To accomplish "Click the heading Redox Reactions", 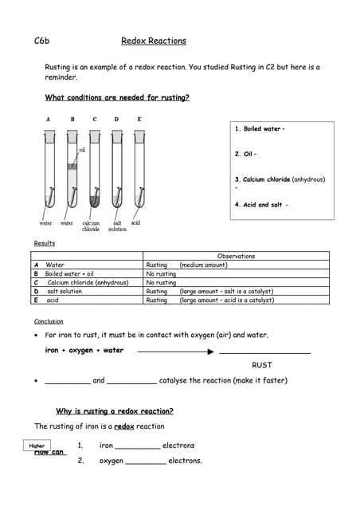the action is (154, 41).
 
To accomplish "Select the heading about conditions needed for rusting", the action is (117, 98).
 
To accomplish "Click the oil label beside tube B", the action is (82, 149).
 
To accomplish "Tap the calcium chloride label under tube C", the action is (91, 226).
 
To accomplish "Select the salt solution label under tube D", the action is (117, 226).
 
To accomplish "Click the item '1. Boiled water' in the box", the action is (259, 129).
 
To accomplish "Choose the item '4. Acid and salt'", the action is (261, 204).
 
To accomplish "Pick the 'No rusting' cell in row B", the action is (161, 273).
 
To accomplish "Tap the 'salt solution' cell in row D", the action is (65, 291).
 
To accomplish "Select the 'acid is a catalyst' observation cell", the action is (227, 300).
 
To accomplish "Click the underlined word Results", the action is (45, 243).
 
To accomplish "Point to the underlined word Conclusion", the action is (49, 321).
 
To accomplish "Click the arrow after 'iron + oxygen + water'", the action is (176, 351).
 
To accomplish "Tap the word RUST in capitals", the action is (262, 365).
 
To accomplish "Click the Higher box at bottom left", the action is (37, 446).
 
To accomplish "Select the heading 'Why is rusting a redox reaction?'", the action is (115, 411).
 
